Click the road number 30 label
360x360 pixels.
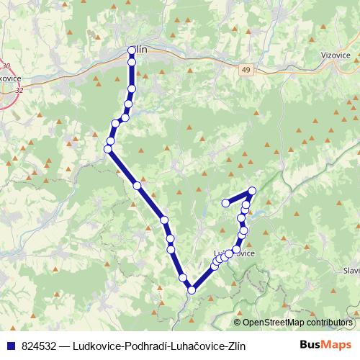pos(6,67)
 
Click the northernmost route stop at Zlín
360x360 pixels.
pos(132,50)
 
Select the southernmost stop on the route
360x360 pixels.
pos(192,290)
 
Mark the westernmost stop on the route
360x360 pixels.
pos(108,149)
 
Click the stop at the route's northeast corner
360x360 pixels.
pos(252,191)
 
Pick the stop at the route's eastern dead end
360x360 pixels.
pos(225,203)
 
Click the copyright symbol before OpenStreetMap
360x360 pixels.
pos(238,323)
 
